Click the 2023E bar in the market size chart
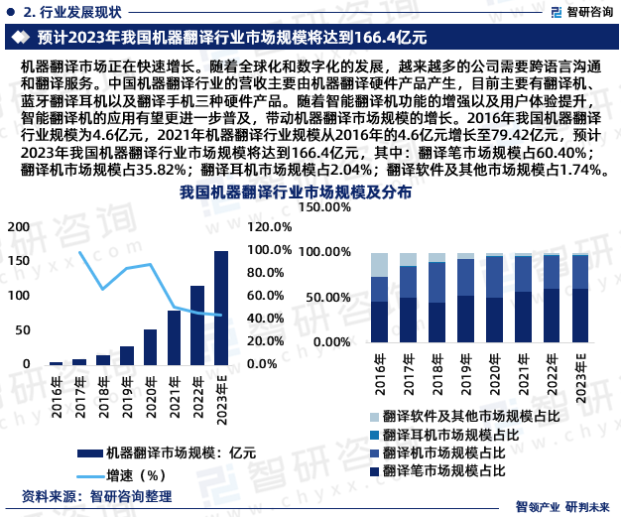coord(220,308)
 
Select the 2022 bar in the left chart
coord(197,325)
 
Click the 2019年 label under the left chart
coord(126,393)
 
